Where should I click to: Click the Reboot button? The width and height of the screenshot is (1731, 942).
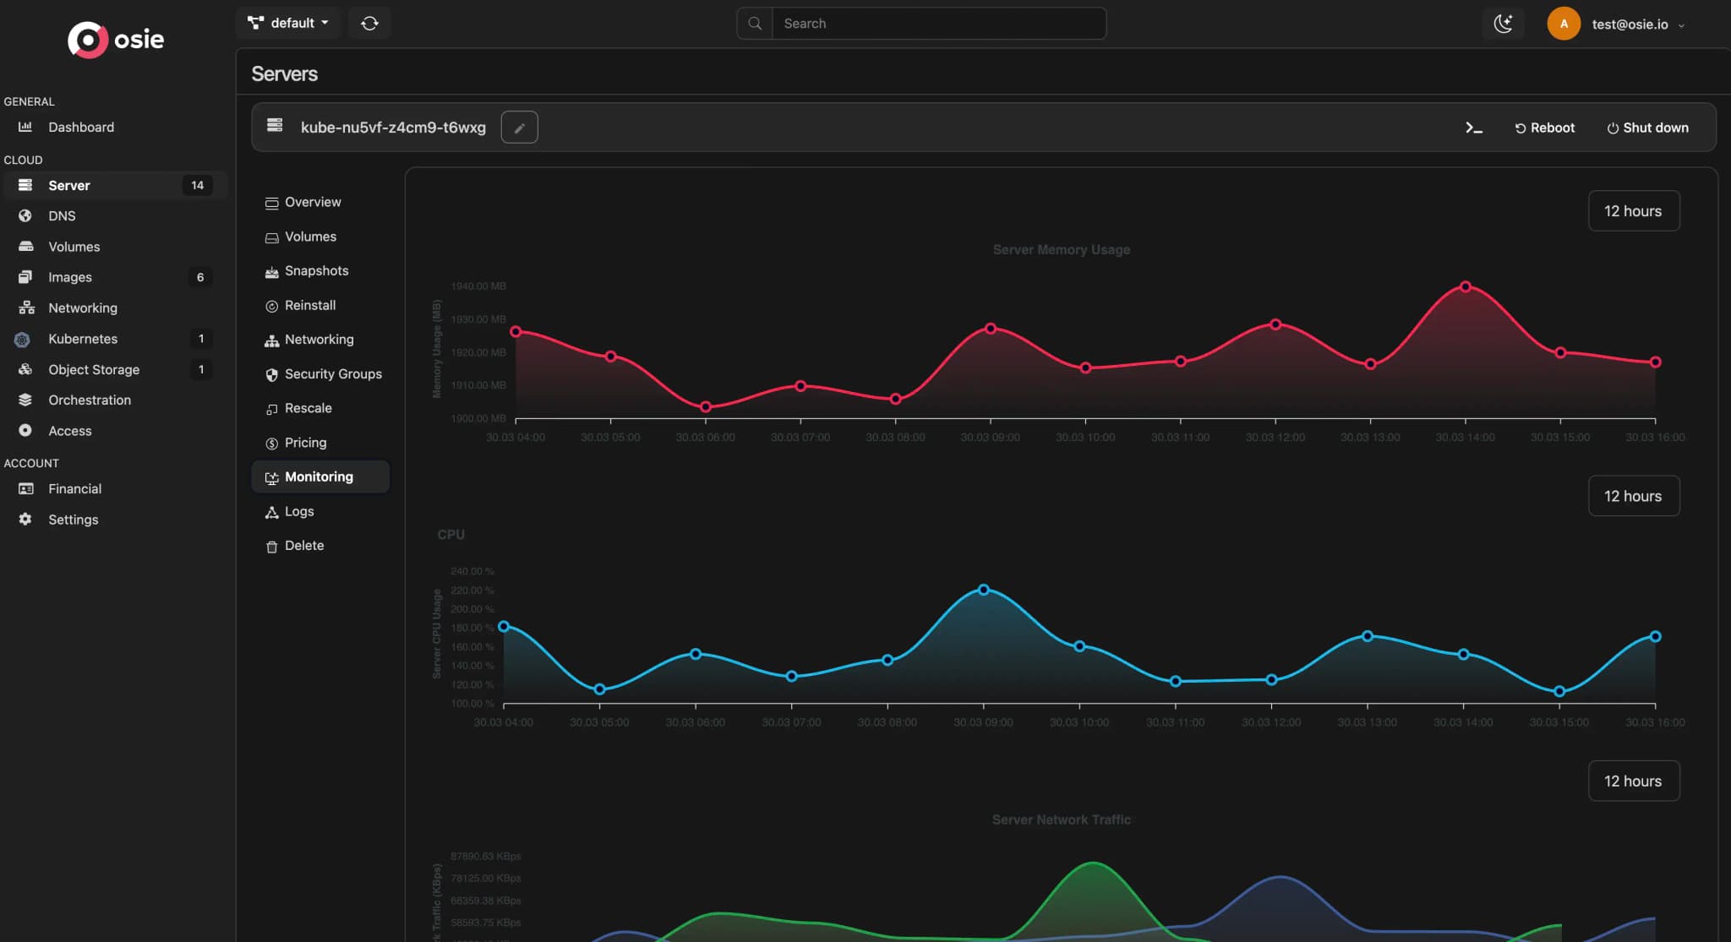click(x=1544, y=128)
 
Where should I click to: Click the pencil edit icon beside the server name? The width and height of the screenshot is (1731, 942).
click(x=519, y=128)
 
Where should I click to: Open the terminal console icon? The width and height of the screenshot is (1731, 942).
click(x=1473, y=128)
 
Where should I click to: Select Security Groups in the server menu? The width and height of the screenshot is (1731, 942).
click(x=332, y=373)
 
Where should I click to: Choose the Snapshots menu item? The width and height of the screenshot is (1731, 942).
click(x=316, y=270)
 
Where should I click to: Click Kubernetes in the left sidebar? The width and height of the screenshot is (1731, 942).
click(x=83, y=339)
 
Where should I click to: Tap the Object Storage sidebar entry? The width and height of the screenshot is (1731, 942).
click(x=93, y=369)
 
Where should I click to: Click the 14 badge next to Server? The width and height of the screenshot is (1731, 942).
click(x=197, y=185)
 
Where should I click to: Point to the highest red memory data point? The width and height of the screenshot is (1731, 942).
click(x=1466, y=286)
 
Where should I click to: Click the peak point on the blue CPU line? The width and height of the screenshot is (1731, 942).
click(x=983, y=590)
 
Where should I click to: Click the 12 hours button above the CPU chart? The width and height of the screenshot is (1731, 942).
click(x=1633, y=496)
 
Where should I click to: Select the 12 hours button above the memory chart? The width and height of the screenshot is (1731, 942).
click(x=1633, y=211)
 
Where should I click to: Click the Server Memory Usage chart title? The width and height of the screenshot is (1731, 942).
click(x=1061, y=249)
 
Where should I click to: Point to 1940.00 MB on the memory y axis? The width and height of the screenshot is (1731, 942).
click(x=478, y=286)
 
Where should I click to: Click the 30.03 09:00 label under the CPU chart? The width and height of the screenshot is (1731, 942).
click(x=983, y=722)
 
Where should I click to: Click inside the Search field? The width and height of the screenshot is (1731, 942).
click(x=938, y=24)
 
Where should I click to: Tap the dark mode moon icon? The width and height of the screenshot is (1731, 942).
click(x=1503, y=24)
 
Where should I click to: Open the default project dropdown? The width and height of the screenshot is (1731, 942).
click(x=287, y=23)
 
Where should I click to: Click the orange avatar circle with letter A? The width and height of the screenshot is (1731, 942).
click(x=1564, y=24)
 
